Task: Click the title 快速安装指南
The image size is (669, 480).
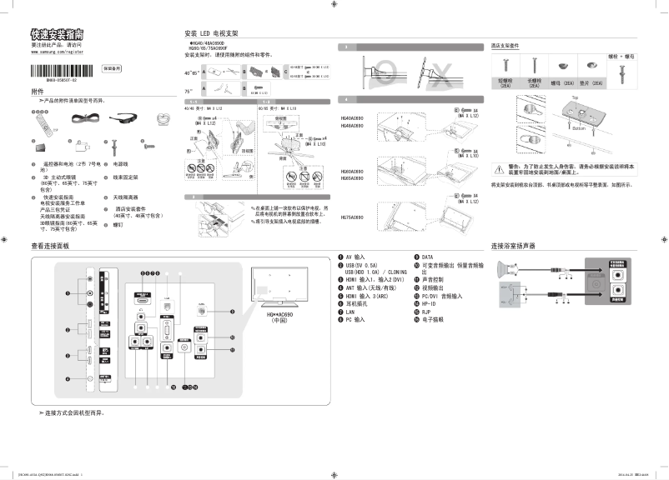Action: (57, 34)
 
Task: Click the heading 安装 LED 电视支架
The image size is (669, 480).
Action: (211, 33)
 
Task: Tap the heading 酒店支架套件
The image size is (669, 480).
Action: (506, 46)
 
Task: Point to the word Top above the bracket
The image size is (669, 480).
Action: (576, 98)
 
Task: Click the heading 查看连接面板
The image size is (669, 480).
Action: (54, 247)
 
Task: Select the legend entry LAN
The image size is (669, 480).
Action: (349, 310)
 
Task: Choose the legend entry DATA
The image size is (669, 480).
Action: (427, 257)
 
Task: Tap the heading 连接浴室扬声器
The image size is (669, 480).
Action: (513, 247)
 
